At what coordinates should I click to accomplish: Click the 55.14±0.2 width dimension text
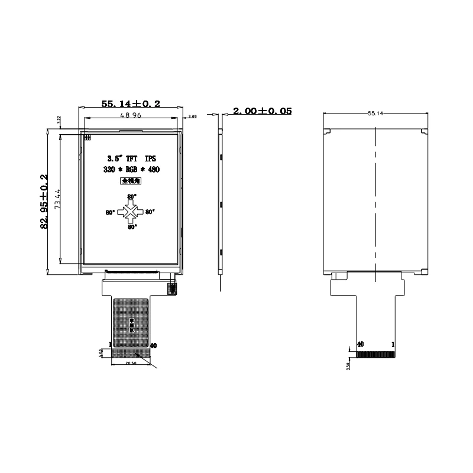pyautogui.click(x=131, y=103)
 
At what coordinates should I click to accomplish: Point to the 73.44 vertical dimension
pyautogui.click(x=58, y=199)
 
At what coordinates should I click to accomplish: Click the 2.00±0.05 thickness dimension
pyautogui.click(x=262, y=111)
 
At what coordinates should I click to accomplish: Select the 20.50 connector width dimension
pyautogui.click(x=131, y=364)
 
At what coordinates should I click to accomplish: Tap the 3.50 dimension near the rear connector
pyautogui.click(x=348, y=366)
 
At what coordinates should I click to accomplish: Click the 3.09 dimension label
pyautogui.click(x=192, y=118)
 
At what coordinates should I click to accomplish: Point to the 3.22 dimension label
pyautogui.click(x=59, y=119)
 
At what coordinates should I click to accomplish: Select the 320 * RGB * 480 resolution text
pyautogui.click(x=131, y=170)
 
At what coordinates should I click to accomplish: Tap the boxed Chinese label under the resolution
pyautogui.click(x=131, y=183)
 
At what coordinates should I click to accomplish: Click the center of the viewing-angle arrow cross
pyautogui.click(x=131, y=211)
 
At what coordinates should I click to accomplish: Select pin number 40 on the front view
pyautogui.click(x=153, y=345)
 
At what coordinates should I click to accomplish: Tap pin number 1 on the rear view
pyautogui.click(x=393, y=344)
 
